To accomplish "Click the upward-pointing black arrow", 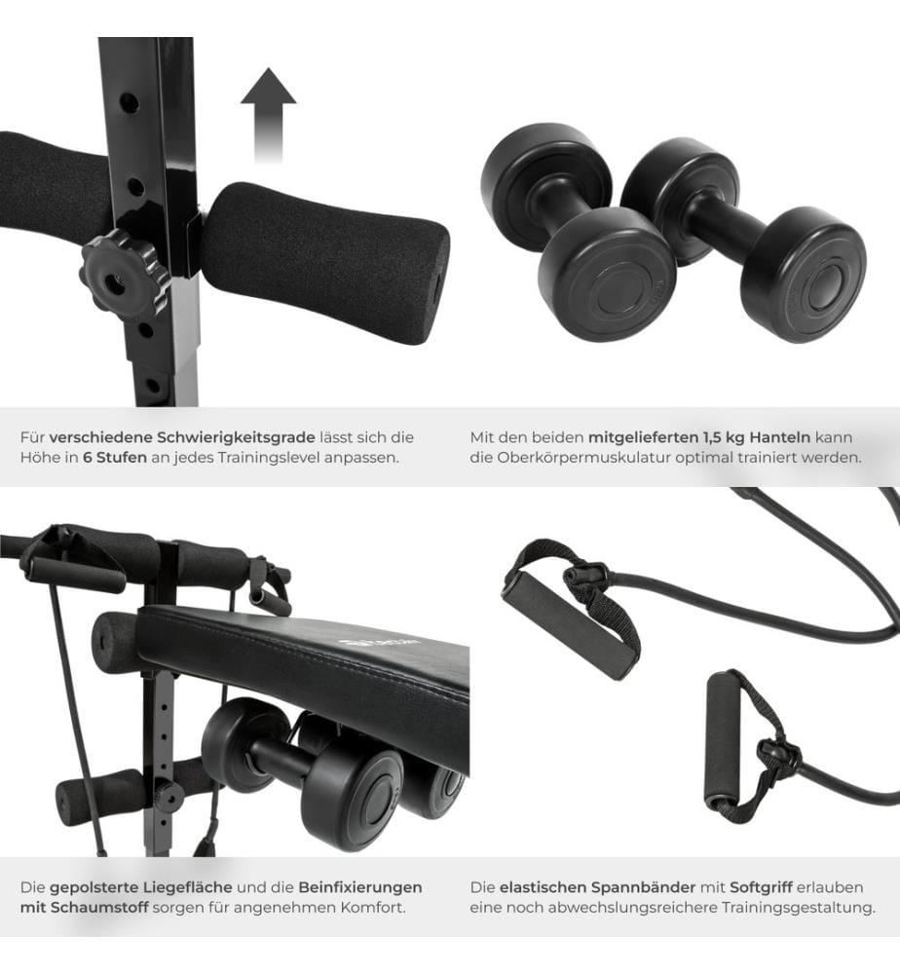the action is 268,114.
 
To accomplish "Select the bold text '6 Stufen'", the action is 114,458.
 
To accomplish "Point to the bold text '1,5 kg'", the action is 723,437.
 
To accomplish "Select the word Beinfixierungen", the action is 360,887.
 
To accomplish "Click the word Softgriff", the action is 761,887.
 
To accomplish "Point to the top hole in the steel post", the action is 131,101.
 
